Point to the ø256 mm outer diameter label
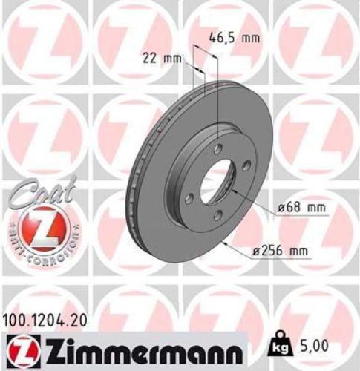pos(281,251)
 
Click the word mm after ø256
pos(297,251)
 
